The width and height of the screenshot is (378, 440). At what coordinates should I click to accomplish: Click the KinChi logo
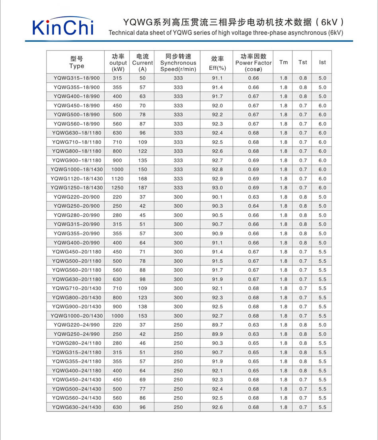[62, 27]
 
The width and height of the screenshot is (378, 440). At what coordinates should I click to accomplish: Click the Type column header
[76, 62]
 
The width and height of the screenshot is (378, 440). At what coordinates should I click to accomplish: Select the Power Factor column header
[253, 62]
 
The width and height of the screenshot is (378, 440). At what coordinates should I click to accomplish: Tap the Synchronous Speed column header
[178, 62]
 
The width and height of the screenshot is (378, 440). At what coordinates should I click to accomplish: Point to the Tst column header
[303, 62]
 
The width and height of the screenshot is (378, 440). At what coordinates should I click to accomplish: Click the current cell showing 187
[142, 188]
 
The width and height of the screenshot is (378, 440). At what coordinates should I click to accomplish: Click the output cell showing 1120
[117, 179]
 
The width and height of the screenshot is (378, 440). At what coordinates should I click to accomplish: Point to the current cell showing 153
[142, 316]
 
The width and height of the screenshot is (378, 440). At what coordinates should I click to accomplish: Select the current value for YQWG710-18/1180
[142, 142]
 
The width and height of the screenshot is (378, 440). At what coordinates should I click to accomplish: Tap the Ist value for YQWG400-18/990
[322, 96]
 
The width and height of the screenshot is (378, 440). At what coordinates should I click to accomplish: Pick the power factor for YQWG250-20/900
[253, 206]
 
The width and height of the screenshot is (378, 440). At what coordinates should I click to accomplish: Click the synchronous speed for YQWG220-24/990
[178, 325]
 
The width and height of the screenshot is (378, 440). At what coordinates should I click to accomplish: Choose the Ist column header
[322, 62]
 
